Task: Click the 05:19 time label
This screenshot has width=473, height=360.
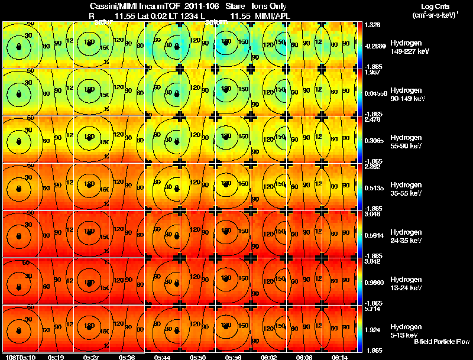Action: tap(56, 357)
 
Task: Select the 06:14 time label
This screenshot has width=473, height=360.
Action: tap(339, 357)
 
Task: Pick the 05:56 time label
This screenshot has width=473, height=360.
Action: tap(234, 357)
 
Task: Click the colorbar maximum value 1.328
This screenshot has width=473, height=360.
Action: tap(373, 25)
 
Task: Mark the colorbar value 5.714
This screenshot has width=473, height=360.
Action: tap(373, 309)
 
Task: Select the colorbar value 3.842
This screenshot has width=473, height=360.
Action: tap(373, 261)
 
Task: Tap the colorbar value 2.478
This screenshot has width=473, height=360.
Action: tap(373, 119)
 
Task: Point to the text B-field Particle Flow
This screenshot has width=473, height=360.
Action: tap(441, 342)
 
